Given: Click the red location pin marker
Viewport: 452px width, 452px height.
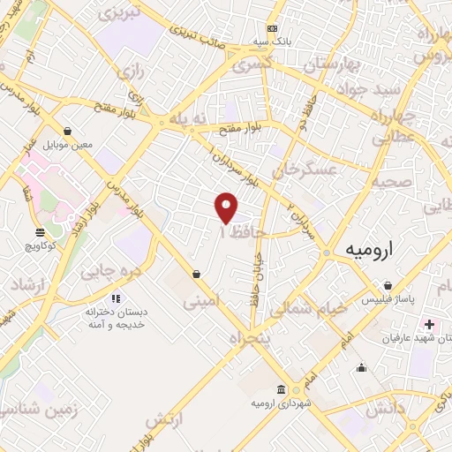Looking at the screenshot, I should (227, 207).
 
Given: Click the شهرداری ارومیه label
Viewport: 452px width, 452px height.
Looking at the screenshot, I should (281, 403).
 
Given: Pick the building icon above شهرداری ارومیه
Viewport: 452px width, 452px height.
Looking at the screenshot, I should (281, 389).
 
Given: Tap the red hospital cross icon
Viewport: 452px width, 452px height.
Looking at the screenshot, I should (430, 324).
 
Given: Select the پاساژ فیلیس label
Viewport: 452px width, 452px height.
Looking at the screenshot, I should (388, 300).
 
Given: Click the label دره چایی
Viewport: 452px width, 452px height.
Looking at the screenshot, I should (110, 272).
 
